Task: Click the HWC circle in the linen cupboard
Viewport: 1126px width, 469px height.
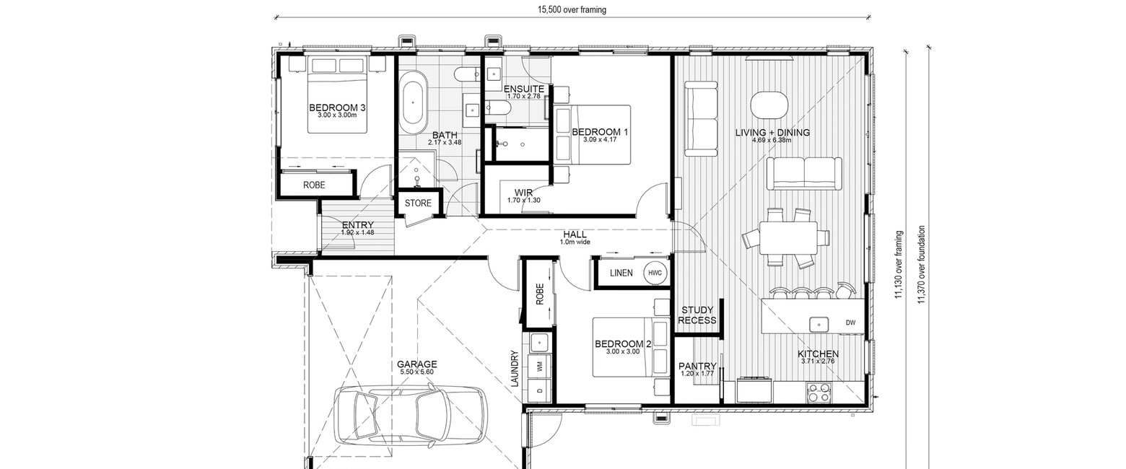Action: [655, 273]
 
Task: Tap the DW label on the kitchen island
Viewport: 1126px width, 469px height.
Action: [850, 323]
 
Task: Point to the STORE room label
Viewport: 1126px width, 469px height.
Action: [418, 203]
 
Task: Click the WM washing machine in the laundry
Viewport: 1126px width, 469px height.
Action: [541, 367]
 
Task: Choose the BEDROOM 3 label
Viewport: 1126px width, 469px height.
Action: [337, 108]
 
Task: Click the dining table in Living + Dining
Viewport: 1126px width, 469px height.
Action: [787, 238]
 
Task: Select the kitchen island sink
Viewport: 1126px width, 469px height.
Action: [819, 325]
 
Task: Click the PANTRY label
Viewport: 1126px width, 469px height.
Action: [697, 366]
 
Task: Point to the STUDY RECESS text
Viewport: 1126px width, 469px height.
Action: [697, 315]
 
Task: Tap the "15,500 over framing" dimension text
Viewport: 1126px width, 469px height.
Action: [572, 9]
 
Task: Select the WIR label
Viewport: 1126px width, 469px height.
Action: [523, 193]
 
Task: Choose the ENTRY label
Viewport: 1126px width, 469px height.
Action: [357, 225]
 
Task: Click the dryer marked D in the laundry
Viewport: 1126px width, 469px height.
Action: [541, 391]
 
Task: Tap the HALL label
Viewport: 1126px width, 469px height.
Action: [575, 234]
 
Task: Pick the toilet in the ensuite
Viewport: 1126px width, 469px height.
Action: [497, 107]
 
